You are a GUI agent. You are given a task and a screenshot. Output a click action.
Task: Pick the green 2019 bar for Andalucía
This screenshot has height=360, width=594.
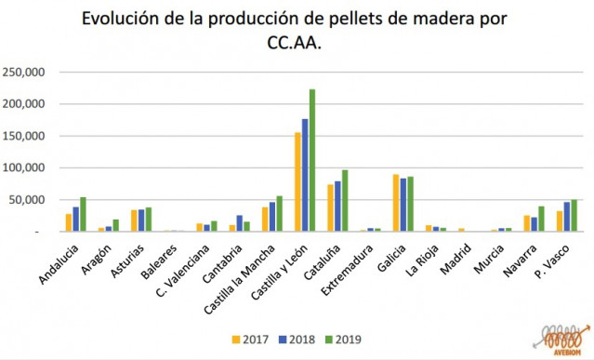[83, 215]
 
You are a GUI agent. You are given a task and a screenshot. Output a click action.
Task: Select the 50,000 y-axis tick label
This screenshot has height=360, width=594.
[28, 200]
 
